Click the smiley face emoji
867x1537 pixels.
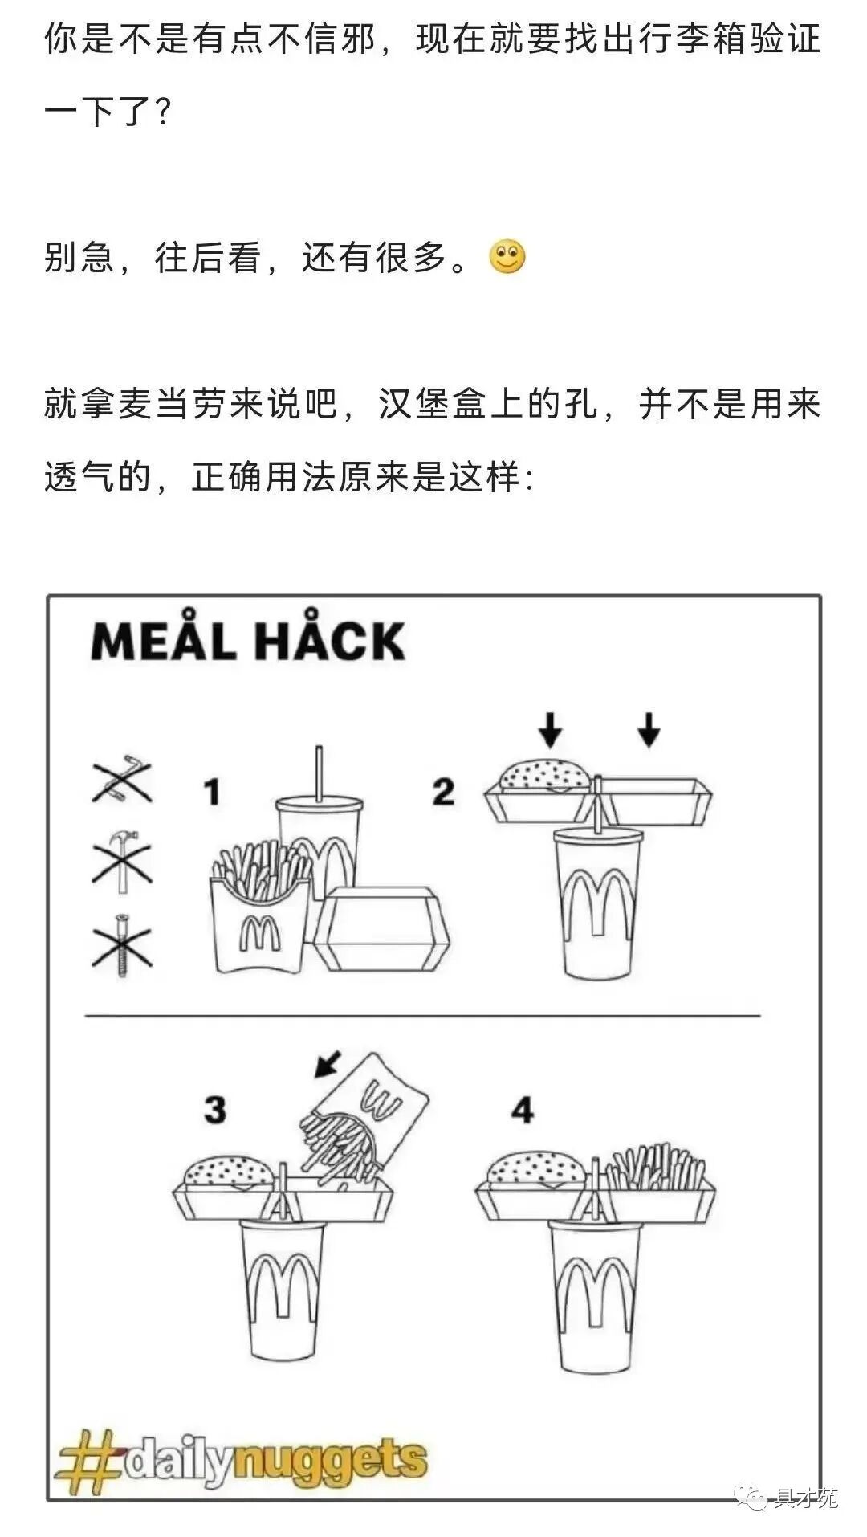[507, 258]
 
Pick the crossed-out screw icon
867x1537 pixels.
[122, 944]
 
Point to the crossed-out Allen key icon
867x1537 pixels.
[122, 779]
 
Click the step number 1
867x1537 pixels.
[212, 792]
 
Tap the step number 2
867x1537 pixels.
[443, 792]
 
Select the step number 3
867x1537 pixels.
[215, 1110]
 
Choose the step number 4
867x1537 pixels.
[523, 1110]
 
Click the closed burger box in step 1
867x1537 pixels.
[381, 929]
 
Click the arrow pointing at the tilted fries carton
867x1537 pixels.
[328, 1063]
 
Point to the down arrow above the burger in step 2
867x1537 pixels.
[550, 728]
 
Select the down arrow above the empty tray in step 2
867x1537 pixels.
[649, 728]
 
